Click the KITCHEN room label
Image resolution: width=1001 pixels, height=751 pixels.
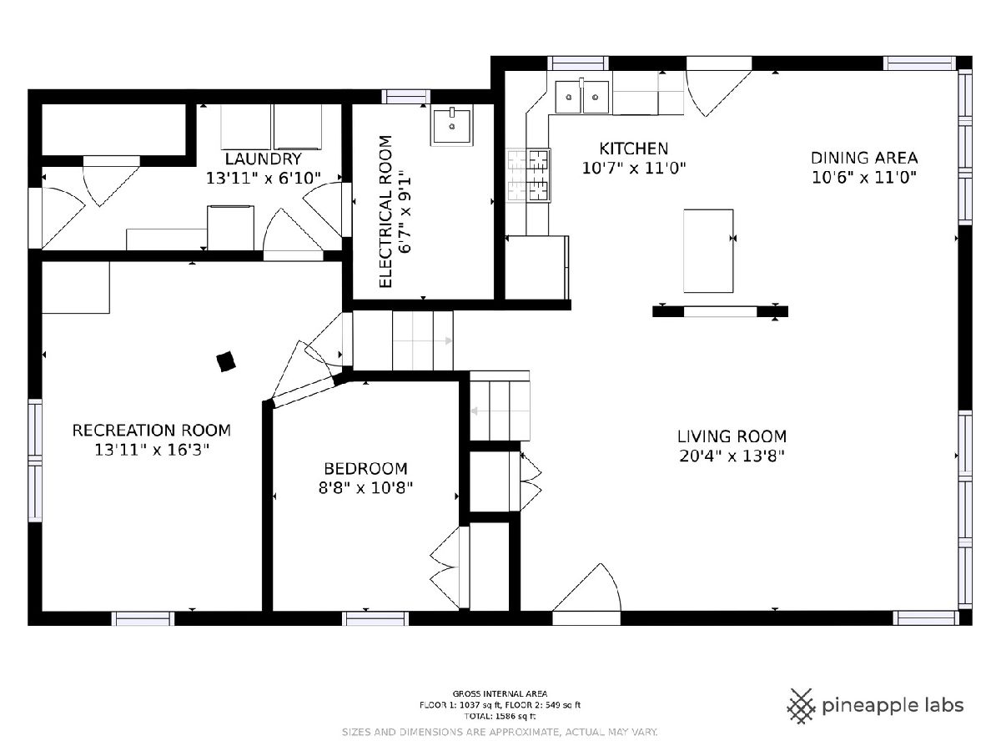click(x=633, y=149)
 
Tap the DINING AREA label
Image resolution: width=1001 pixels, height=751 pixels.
click(x=863, y=159)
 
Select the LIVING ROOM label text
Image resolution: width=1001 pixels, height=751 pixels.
click(x=732, y=436)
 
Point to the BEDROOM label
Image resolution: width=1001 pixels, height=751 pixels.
click(x=365, y=468)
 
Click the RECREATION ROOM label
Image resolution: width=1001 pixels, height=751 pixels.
click(x=152, y=431)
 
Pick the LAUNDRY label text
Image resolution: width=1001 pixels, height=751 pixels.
click(x=263, y=159)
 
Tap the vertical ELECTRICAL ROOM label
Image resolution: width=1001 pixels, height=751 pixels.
click(x=385, y=212)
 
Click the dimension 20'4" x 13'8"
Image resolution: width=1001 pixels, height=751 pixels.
click(x=732, y=456)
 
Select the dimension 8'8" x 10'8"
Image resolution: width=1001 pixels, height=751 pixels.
click(x=365, y=488)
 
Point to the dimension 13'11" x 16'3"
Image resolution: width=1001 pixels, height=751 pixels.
click(x=152, y=450)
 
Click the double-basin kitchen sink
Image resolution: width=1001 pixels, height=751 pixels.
click(x=582, y=97)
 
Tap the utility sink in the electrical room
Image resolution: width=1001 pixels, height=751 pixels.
click(x=451, y=125)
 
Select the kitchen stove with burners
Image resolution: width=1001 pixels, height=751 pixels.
click(x=529, y=175)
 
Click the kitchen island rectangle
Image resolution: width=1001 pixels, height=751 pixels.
click(x=708, y=251)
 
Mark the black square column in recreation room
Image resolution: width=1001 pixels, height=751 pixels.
click(x=226, y=361)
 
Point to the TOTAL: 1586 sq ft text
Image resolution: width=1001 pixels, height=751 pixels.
click(x=500, y=716)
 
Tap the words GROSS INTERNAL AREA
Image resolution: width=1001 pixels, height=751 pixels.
click(x=500, y=694)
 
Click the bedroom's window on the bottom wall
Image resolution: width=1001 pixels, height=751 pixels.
click(x=375, y=619)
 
